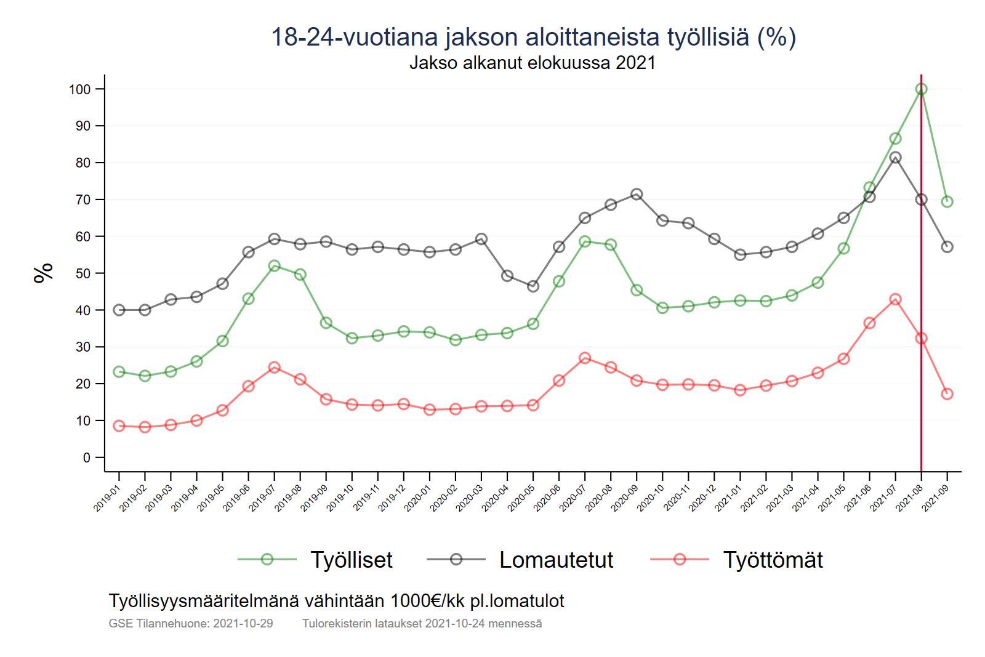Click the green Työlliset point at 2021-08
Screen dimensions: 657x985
(x=921, y=89)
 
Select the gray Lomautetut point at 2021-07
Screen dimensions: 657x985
(x=895, y=158)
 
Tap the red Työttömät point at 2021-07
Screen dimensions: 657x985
(x=895, y=299)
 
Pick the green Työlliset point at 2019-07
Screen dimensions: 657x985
(x=275, y=266)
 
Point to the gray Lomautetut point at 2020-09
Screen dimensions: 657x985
(x=637, y=195)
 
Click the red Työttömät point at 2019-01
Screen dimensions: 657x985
(x=119, y=426)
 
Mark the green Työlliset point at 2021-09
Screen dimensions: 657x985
(x=947, y=201)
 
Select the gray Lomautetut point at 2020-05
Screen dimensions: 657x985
(x=533, y=286)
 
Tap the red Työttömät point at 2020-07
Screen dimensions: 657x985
(x=585, y=358)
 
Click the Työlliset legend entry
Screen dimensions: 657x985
(x=351, y=560)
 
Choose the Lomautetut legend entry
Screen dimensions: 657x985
(x=556, y=560)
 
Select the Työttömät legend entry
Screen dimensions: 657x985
(x=773, y=560)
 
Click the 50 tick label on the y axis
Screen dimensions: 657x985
(x=82, y=273)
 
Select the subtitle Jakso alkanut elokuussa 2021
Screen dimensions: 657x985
(x=533, y=63)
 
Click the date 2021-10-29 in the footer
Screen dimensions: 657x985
(x=243, y=623)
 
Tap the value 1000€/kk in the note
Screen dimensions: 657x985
(x=428, y=601)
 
